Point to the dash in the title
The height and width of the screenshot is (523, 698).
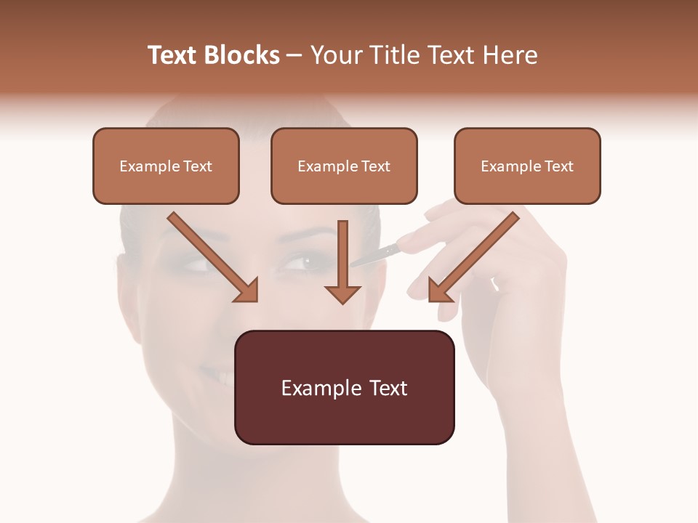pyautogui.click(x=295, y=57)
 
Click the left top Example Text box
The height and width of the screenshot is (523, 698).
pyautogui.click(x=166, y=166)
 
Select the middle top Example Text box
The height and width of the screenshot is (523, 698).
pyautogui.click(x=344, y=166)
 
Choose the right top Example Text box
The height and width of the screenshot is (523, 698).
pyautogui.click(x=527, y=166)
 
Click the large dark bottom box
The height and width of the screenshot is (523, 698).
pyautogui.click(x=344, y=387)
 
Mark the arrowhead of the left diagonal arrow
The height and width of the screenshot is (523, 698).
pyautogui.click(x=247, y=291)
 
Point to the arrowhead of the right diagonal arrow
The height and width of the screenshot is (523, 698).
pyautogui.click(x=439, y=291)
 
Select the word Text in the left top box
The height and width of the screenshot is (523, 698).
pyautogui.click(x=197, y=166)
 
